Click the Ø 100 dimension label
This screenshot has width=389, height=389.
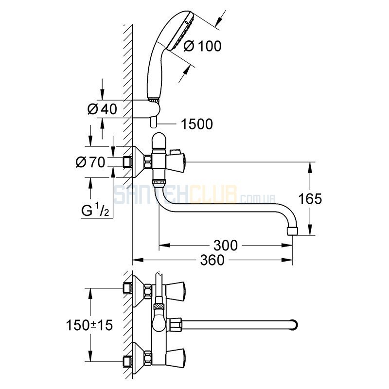click(x=202, y=46)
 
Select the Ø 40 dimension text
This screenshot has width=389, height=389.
click(x=102, y=109)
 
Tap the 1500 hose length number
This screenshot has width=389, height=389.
click(x=197, y=124)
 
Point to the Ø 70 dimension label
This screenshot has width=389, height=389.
click(x=90, y=162)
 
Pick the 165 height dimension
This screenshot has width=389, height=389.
click(x=310, y=199)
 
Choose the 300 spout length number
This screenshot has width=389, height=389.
click(x=226, y=246)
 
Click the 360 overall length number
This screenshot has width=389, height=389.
click(x=212, y=260)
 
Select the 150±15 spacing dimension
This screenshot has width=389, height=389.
click(x=89, y=325)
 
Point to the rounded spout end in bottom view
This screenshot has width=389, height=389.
click(x=295, y=325)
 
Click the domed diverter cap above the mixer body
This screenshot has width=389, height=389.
click(x=159, y=140)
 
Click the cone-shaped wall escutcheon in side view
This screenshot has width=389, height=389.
click(x=138, y=162)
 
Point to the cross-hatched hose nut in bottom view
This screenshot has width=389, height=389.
click(x=159, y=306)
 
